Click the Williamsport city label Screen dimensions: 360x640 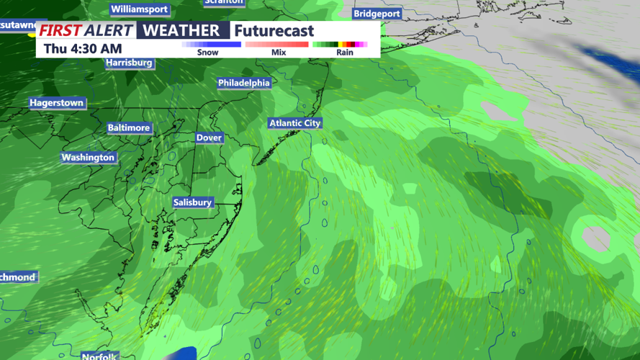139,9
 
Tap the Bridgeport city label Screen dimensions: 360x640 377,14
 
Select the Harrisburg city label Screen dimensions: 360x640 130,63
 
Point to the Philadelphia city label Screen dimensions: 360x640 244,83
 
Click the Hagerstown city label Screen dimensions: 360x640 56,103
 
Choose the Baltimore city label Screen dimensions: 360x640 129,127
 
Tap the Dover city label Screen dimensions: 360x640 209,138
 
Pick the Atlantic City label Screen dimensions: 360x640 294,123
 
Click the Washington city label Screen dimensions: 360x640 88,157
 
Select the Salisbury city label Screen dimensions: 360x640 192,202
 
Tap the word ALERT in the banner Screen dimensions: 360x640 108,30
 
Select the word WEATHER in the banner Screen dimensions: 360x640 181,30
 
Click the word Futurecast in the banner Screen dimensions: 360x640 274,31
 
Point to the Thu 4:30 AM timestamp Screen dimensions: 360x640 83,49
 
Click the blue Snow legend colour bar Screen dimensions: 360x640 211,45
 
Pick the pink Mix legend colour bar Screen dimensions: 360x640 277,45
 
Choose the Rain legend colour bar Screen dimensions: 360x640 341,45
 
